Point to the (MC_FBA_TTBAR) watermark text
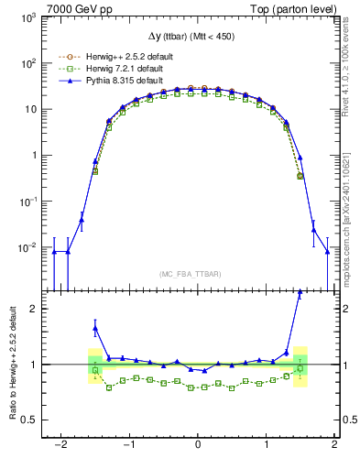198,274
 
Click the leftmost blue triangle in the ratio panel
95,328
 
